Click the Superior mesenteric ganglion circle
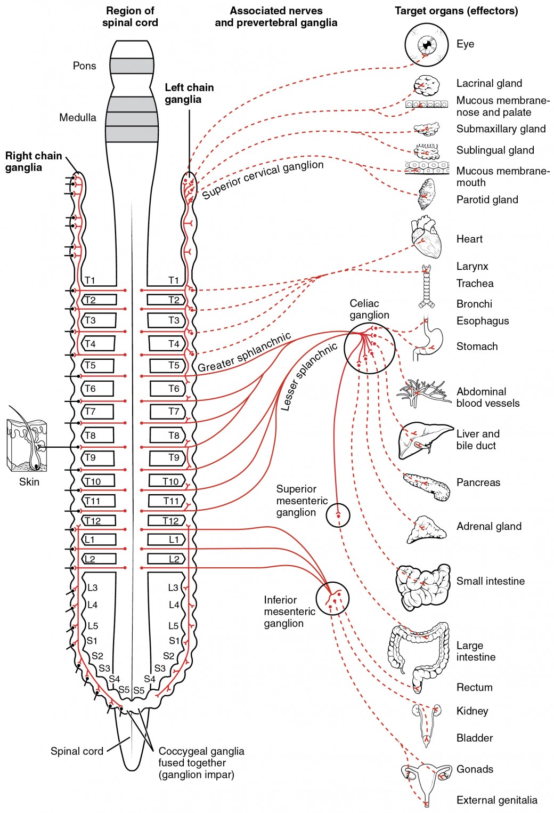coord(338,515)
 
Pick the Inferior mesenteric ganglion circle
coord(332,598)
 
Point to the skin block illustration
coord(27,446)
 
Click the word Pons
coord(84,66)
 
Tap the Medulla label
coord(77,117)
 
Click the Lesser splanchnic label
coord(308,376)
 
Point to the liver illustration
coord(424,439)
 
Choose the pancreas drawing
coord(427,486)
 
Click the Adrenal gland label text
coord(488,526)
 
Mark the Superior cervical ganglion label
coord(262,179)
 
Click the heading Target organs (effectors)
coord(456,11)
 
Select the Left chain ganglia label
coord(189,93)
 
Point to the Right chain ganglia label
coord(33,161)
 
